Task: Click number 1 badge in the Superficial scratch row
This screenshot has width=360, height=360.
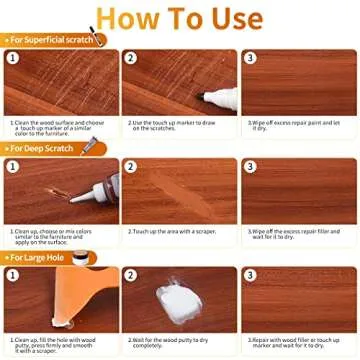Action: [14, 58]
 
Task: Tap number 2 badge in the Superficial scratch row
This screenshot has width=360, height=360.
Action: [130, 58]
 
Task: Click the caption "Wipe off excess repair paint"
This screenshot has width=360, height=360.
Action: [296, 122]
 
